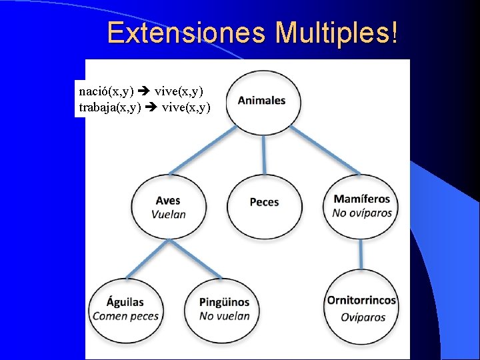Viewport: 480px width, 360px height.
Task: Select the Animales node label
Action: pos(262,101)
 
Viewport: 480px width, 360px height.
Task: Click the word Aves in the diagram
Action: pos(168,201)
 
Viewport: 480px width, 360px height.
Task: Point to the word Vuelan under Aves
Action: pos(168,214)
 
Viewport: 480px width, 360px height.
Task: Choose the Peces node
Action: pos(264,202)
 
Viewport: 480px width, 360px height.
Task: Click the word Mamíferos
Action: pos(361,199)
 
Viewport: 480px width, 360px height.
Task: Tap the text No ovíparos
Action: pos(362,213)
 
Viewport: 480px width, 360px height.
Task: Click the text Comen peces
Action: pos(125,316)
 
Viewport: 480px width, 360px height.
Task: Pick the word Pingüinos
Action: pos(224,303)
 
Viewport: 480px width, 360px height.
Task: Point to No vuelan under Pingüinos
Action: pos(224,316)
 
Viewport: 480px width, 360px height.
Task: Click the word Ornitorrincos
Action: pos(361,301)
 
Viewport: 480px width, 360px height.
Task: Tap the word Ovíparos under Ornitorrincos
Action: pos(363,317)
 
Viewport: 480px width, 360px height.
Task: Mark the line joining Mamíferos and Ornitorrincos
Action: pos(361,253)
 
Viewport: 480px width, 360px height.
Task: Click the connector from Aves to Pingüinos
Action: pos(197,259)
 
